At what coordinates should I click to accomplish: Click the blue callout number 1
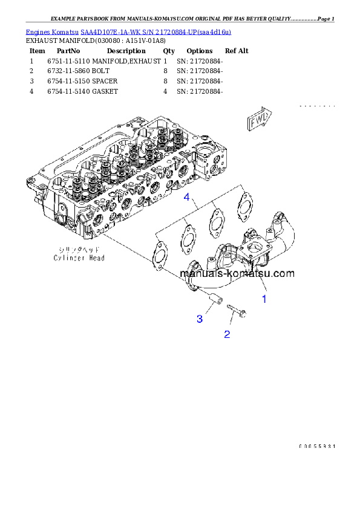point(264,298)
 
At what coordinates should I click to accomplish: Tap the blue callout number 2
point(227,334)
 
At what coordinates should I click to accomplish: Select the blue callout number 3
point(199,319)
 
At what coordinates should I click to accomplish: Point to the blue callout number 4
point(188,198)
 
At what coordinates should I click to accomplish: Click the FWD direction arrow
point(260,120)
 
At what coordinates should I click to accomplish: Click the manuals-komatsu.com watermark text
point(237,273)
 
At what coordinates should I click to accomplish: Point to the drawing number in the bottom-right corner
point(316,446)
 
